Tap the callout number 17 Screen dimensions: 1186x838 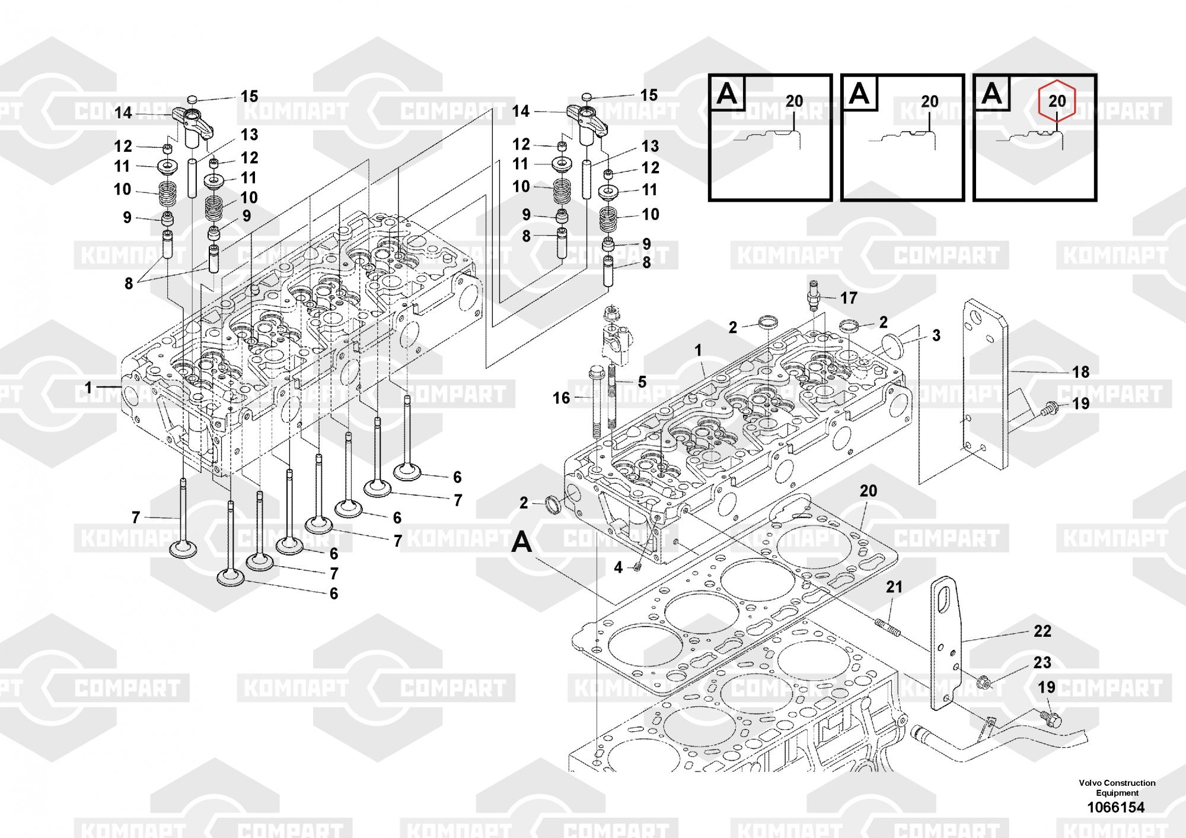(849, 298)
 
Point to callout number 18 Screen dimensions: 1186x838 (1081, 372)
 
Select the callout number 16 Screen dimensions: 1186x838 (561, 398)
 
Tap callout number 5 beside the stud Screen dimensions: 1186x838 (642, 382)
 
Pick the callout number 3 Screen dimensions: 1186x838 (936, 335)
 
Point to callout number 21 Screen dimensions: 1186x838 (894, 587)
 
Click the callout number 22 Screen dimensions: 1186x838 (1042, 631)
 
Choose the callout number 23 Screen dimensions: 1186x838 (1042, 662)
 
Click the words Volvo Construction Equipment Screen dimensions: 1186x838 (1117, 788)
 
